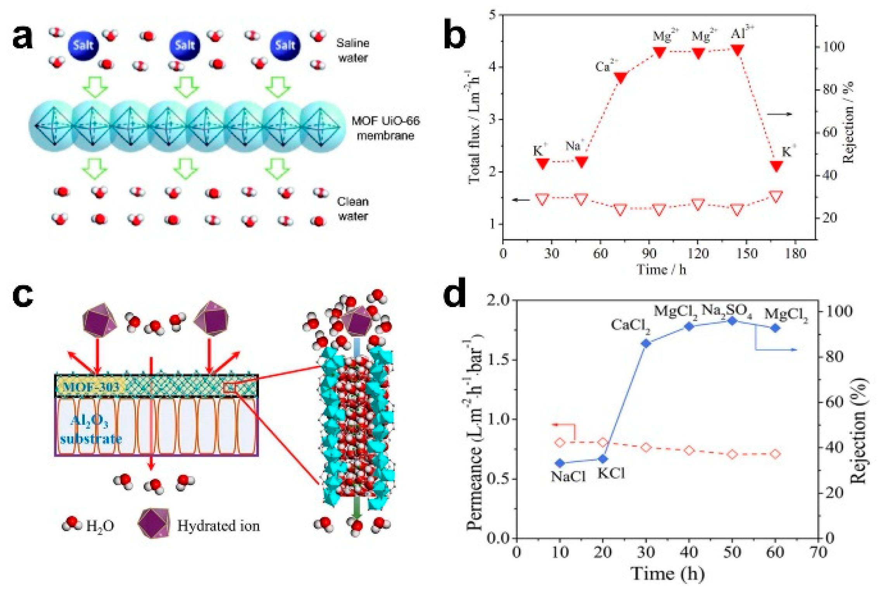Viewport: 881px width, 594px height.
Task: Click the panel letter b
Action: point(454,36)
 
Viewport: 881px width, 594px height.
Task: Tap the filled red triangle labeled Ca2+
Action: point(620,77)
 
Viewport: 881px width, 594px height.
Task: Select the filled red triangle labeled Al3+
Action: point(737,50)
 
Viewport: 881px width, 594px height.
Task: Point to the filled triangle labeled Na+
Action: point(581,161)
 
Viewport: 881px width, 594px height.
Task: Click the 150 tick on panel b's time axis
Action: point(746,254)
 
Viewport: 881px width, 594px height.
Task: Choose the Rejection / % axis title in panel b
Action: point(848,122)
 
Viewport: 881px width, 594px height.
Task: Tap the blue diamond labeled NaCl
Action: point(560,463)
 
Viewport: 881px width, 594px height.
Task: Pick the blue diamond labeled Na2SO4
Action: point(732,321)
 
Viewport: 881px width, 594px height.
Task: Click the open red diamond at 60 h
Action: point(775,454)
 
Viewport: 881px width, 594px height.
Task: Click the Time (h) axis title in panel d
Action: point(667,573)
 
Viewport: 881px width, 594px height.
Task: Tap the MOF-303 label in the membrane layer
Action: point(91,387)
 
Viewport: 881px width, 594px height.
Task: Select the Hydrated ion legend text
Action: point(218,526)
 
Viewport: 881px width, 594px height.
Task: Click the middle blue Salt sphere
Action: point(185,46)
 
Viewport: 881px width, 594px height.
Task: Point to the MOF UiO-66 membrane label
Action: point(385,128)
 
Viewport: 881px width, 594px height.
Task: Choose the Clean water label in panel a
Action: point(352,209)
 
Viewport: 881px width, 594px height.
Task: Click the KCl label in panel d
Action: point(611,474)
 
